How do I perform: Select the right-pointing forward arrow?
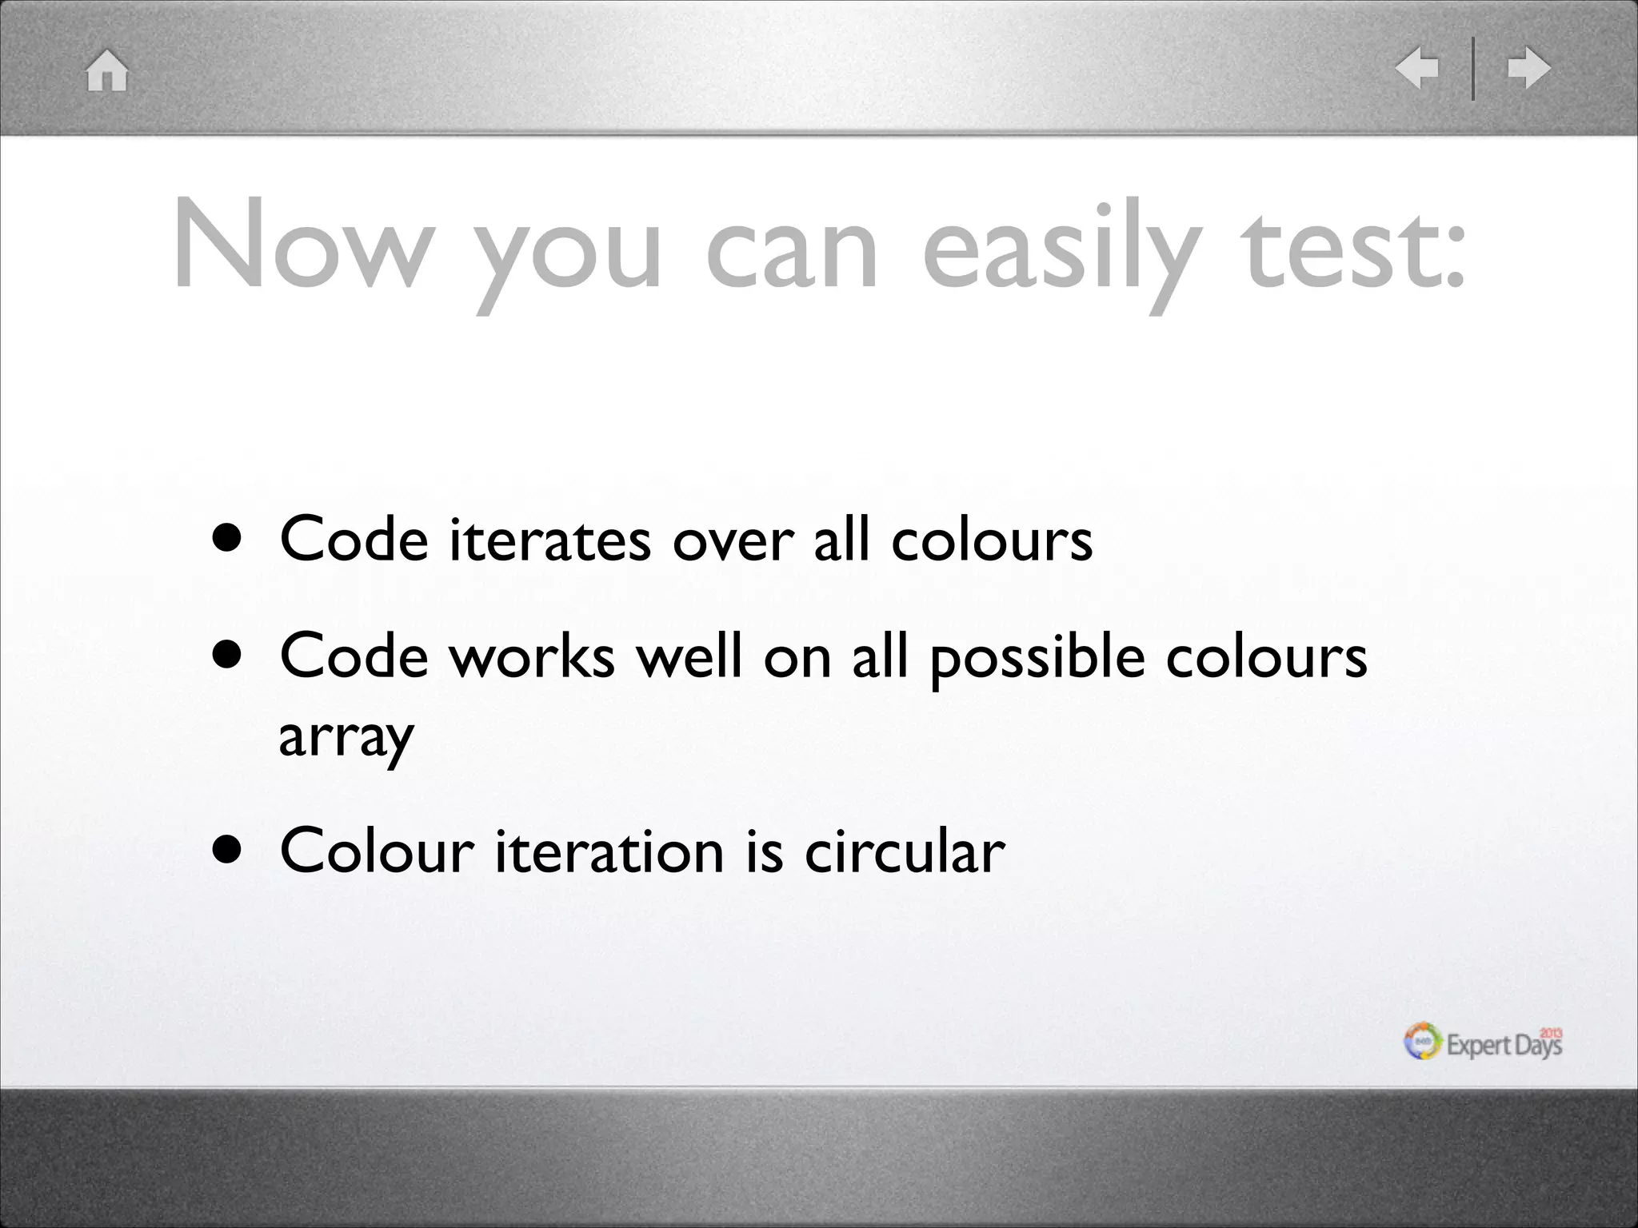click(x=1528, y=68)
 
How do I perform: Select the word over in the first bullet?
click(x=733, y=541)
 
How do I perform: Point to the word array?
click(x=346, y=738)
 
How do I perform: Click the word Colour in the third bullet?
click(x=377, y=851)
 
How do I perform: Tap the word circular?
click(x=904, y=851)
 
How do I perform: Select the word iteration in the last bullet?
click(x=609, y=851)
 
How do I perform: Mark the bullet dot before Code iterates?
click(x=227, y=540)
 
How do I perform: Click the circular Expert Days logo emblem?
click(x=1423, y=1042)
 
